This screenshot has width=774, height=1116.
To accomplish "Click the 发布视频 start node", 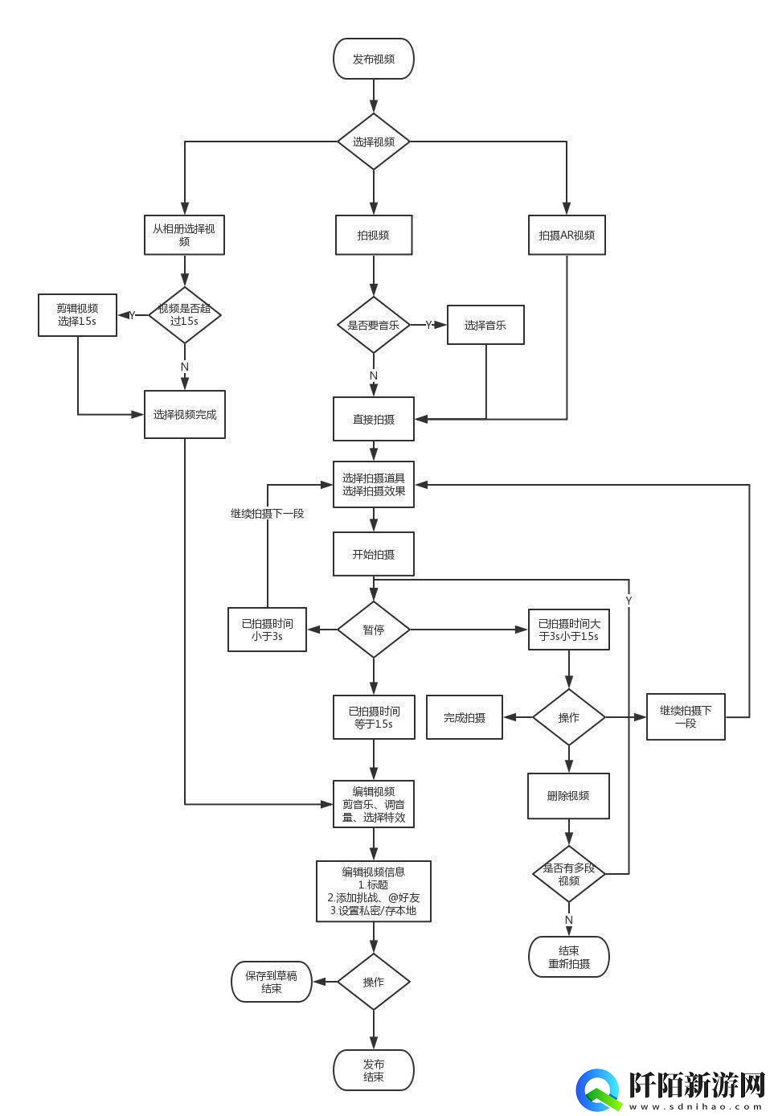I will click(374, 59).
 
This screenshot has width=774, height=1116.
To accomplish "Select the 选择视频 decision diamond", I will click(374, 142).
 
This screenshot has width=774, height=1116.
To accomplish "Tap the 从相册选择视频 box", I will click(184, 235).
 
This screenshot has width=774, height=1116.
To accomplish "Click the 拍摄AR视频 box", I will click(567, 235).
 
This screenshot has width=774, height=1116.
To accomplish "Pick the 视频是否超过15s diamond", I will click(184, 314).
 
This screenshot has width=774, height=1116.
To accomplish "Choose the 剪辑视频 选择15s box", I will click(77, 314).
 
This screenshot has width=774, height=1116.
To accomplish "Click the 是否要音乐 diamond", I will click(374, 325).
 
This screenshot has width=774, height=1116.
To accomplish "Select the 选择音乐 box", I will click(485, 325).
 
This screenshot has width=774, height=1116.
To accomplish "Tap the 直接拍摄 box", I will click(374, 419).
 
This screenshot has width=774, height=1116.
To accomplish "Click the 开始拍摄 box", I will click(374, 554).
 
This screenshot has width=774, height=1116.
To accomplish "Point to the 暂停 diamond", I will click(374, 630).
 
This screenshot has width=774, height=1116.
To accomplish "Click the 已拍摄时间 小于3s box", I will click(267, 630).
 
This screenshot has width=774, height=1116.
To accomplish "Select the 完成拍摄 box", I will click(465, 717).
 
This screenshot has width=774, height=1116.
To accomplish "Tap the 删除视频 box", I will click(568, 796).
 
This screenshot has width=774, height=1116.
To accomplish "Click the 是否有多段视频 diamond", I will click(569, 874).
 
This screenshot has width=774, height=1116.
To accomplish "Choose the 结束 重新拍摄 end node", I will click(569, 957).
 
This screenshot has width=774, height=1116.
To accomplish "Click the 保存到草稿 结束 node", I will click(272, 982).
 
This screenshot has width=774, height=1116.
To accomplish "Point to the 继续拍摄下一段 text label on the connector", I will click(267, 513).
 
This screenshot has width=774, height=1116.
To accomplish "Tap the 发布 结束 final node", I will click(374, 1070).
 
